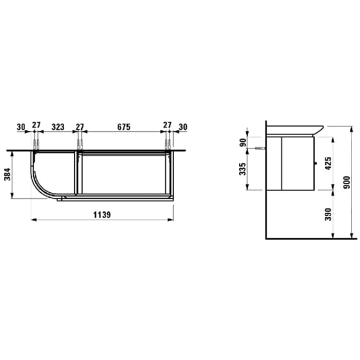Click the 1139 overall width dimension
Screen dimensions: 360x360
(102, 215)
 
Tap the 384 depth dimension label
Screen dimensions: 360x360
(8, 174)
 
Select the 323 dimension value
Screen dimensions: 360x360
(58, 127)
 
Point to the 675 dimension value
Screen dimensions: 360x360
(124, 127)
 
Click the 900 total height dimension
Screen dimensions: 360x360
(347, 183)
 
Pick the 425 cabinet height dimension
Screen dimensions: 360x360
(328, 163)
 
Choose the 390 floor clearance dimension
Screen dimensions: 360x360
(328, 214)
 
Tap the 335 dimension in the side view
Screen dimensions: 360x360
(242, 169)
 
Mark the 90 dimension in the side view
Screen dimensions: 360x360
(243, 142)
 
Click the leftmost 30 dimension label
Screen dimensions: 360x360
(21, 127)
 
